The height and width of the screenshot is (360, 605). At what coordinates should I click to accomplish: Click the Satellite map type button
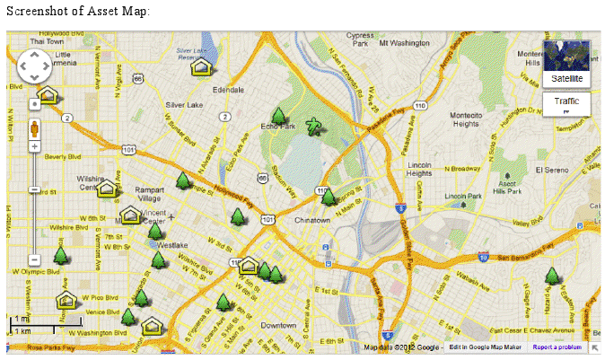(x=566, y=63)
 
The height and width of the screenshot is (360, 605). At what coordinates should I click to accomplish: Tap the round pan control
(x=34, y=65)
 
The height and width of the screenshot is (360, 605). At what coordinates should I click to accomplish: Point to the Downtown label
(x=278, y=324)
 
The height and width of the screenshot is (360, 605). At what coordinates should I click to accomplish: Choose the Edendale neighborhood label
(x=228, y=91)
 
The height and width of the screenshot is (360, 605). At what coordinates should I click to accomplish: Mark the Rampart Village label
(x=148, y=195)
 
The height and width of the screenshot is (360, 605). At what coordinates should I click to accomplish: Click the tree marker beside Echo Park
(x=279, y=116)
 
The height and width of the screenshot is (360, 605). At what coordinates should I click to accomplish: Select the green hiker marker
(x=313, y=127)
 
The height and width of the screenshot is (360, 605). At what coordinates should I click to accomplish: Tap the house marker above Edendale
(x=202, y=66)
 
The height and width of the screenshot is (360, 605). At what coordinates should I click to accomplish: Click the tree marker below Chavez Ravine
(x=329, y=196)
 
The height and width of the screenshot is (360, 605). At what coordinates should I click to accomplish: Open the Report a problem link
(x=557, y=347)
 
